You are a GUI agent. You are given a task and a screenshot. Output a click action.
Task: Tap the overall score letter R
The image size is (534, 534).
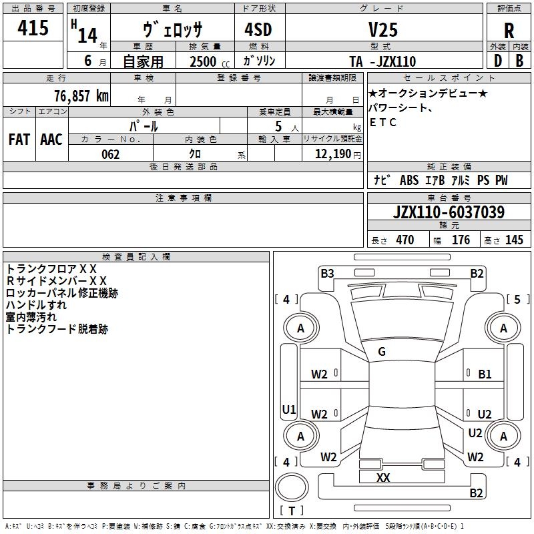509,31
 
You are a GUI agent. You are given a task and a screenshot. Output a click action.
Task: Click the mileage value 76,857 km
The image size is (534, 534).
81,95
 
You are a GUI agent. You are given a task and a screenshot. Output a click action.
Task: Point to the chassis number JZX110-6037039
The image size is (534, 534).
449,213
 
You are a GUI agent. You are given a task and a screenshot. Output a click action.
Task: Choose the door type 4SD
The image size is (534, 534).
259,29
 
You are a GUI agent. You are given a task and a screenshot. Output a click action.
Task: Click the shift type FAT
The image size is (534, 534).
19,140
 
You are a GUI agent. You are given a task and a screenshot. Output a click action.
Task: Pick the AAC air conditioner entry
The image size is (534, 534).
51,140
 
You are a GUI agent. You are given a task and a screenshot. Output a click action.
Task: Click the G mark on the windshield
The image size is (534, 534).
382,352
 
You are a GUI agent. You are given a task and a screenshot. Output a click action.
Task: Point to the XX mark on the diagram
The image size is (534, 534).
383,478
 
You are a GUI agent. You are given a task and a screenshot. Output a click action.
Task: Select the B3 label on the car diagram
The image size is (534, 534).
327,273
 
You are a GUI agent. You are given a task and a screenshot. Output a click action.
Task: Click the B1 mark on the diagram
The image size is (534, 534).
485,374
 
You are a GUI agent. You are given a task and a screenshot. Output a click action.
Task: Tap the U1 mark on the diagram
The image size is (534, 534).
289,410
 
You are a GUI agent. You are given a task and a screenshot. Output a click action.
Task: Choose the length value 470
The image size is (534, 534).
405,240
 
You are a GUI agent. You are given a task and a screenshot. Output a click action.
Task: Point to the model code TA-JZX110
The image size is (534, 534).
382,61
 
